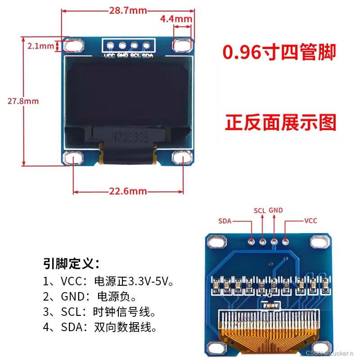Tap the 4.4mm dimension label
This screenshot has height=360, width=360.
point(176,19)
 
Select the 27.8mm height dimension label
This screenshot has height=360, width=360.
point(22,101)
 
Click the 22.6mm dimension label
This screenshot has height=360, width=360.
point(128,191)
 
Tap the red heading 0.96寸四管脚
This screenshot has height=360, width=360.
point(279,53)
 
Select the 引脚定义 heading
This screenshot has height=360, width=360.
point(71,263)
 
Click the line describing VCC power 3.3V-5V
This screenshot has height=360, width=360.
point(108,282)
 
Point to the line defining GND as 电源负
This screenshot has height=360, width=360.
point(90,297)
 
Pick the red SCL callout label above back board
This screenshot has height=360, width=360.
point(260,210)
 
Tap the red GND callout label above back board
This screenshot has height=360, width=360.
point(275,210)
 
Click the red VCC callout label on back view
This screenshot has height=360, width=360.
point(311,221)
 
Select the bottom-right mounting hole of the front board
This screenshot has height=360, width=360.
point(182,158)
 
